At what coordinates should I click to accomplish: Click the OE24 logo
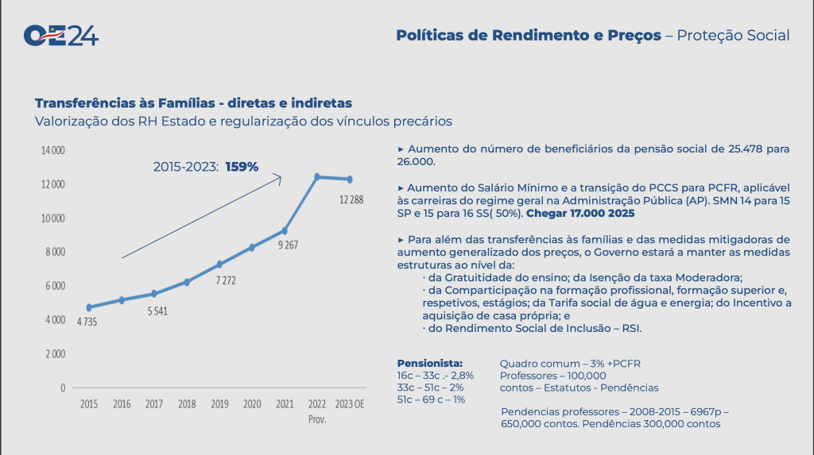(x=61, y=36)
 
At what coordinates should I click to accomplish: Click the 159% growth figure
(x=242, y=167)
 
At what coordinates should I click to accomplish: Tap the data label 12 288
(x=351, y=199)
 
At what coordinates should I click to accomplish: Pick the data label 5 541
(x=156, y=311)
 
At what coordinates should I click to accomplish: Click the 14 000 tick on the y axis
(x=53, y=150)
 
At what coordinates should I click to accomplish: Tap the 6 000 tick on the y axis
(x=54, y=286)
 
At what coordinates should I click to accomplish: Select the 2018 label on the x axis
(x=188, y=403)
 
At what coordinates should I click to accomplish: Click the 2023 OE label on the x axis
(x=350, y=403)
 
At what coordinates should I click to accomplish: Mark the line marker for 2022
(x=317, y=176)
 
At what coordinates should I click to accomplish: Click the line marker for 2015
(x=89, y=307)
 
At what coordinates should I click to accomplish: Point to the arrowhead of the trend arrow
(x=279, y=177)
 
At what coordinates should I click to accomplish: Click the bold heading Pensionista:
(x=429, y=363)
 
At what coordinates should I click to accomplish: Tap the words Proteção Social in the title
(x=733, y=36)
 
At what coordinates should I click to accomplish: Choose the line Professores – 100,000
(x=552, y=376)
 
